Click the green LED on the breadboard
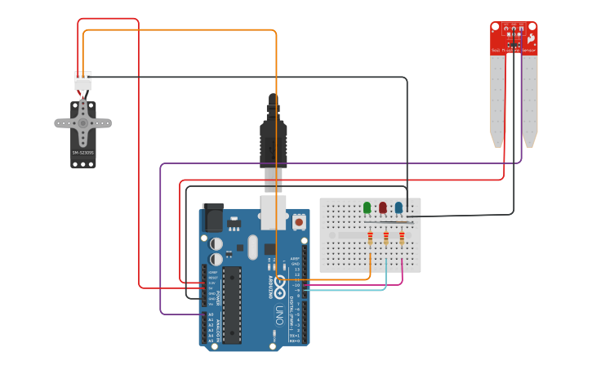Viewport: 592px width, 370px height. click(367, 207)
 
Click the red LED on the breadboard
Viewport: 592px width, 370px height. click(382, 207)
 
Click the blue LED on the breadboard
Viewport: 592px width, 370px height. click(398, 207)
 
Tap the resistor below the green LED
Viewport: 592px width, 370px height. click(370, 238)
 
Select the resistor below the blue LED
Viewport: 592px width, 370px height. click(402, 238)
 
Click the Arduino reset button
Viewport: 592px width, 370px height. click(299, 221)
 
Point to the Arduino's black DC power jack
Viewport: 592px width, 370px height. click(212, 217)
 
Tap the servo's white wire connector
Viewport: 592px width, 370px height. click(82, 81)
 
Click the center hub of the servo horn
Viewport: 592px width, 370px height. click(82, 123)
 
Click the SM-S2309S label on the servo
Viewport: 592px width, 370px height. click(82, 153)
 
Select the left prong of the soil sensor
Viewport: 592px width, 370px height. click(497, 102)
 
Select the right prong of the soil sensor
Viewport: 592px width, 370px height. click(529, 102)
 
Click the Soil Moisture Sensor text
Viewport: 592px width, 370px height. click(513, 51)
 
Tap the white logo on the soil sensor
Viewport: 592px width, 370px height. click(531, 38)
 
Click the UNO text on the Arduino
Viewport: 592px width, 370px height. click(278, 314)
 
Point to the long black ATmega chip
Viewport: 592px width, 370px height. click(231, 304)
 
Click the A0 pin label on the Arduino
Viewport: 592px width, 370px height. click(211, 314)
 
